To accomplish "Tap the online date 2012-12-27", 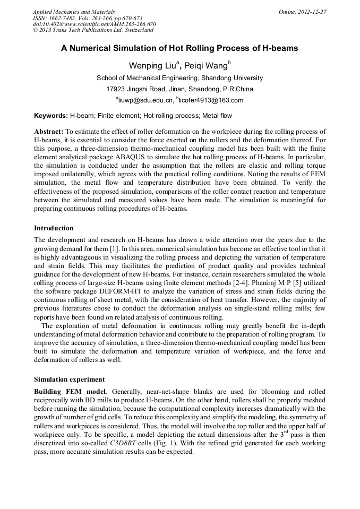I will click(x=312, y=11).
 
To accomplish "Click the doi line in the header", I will click(x=94, y=24).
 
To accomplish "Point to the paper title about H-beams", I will click(x=179, y=48).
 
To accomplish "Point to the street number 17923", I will click(x=118, y=89).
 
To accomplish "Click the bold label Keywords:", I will click(x=51, y=115).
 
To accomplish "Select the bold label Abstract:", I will click(x=49, y=131).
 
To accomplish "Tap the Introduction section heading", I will click(x=54, y=228).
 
